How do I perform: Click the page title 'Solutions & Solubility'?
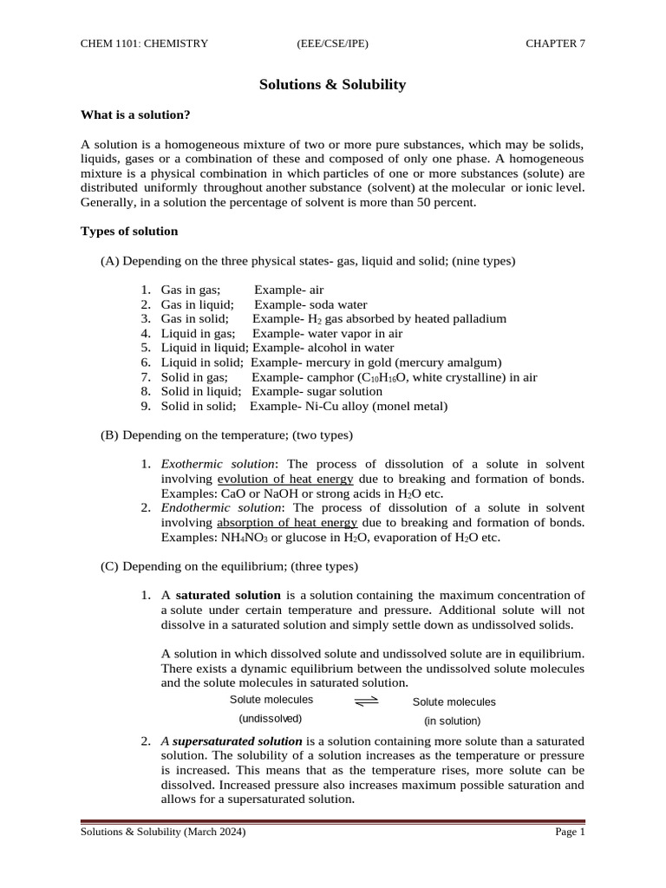pos(333,85)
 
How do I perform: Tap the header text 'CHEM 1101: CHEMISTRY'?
pos(144,43)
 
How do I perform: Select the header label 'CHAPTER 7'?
pos(555,43)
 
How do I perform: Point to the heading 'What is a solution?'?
pos(135,114)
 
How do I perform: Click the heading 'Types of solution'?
pos(129,232)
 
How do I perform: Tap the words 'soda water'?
pos(338,305)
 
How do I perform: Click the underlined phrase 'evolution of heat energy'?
pos(285,479)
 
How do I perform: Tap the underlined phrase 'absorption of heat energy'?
pos(287,522)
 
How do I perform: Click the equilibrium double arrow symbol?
pos(367,701)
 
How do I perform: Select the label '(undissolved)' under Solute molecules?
pos(271,719)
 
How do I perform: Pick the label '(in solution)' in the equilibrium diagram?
pos(452,721)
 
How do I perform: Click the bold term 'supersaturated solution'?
pos(238,741)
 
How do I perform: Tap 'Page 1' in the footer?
pos(570,832)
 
